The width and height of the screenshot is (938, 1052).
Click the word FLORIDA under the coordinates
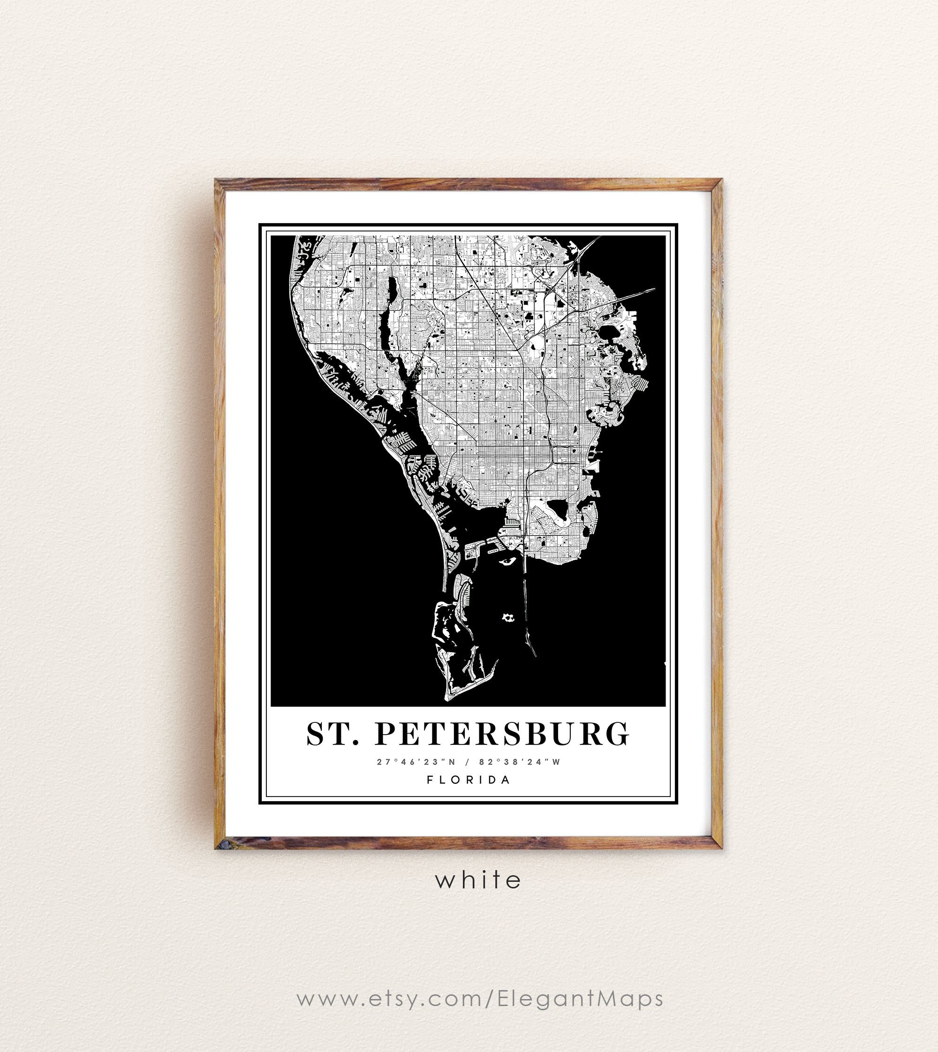469,780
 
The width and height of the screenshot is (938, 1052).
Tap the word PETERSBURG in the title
502,734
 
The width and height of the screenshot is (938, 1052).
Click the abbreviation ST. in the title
333,734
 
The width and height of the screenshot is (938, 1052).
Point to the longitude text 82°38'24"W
520,762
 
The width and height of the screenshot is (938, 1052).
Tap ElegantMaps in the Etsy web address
579,999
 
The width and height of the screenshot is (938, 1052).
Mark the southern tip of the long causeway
535,656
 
